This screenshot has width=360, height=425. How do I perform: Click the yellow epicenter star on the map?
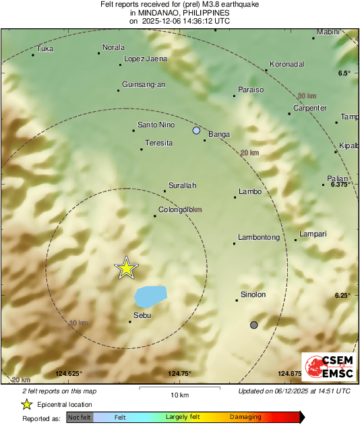pos(126,268)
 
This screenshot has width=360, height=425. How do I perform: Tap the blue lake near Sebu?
pos(151,296)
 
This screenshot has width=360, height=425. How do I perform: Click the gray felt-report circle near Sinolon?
pos(254,325)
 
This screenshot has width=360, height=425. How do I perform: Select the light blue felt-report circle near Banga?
pos(196,130)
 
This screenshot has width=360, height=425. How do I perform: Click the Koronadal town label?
pos(287,65)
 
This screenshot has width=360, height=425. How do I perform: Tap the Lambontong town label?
pos(259,238)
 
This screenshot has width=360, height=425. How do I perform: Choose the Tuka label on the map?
pos(45,48)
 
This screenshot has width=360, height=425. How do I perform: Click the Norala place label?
pos(113,47)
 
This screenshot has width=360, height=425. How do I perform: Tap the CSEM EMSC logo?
pos(326,368)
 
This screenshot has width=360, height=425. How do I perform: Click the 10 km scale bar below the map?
pos(179,389)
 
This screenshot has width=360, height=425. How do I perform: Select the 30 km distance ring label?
pos(307,96)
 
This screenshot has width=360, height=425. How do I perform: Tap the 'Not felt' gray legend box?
pos(80,418)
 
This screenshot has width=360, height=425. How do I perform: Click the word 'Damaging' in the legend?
pos(245,418)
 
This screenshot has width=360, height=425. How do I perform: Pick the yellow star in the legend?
pos(26,405)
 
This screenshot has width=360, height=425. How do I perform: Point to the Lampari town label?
pos(313,234)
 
